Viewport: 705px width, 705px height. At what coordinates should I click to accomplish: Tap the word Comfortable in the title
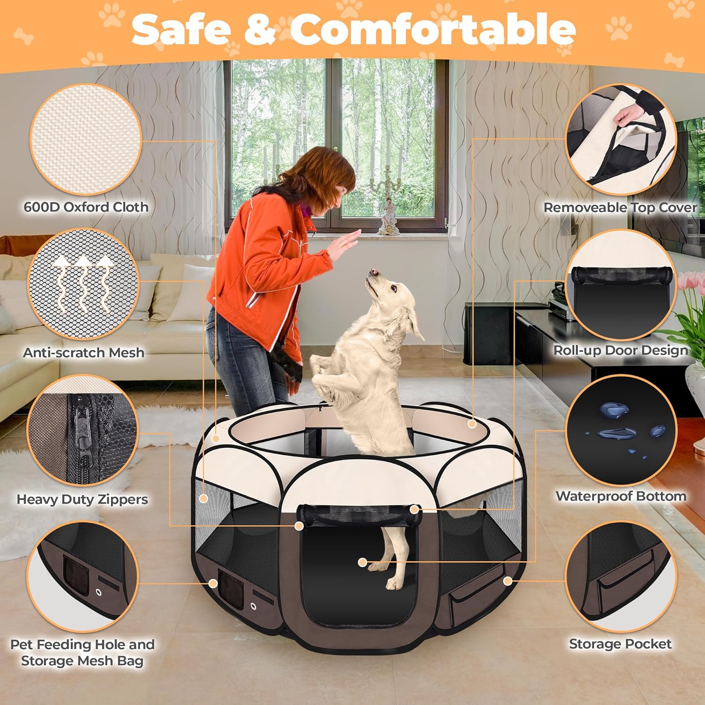[x=433, y=29]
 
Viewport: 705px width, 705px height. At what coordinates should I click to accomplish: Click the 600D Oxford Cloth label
[x=86, y=207]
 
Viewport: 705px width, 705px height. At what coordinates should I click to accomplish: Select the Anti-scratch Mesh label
[x=84, y=352]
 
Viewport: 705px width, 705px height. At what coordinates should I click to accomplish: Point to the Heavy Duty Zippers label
[x=82, y=499]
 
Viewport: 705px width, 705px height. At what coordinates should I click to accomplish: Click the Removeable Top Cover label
[x=620, y=207]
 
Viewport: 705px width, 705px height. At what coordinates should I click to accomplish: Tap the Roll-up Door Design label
[x=620, y=350]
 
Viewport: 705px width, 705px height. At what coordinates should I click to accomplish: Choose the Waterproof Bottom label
[x=621, y=496]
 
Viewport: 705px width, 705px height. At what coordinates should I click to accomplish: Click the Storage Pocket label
[x=620, y=644]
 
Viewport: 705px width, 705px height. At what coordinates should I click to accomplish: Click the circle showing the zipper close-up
[x=84, y=431]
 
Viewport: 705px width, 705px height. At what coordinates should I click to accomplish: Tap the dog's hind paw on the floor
[x=394, y=583]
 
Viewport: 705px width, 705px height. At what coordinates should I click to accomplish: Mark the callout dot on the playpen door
[x=362, y=562]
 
